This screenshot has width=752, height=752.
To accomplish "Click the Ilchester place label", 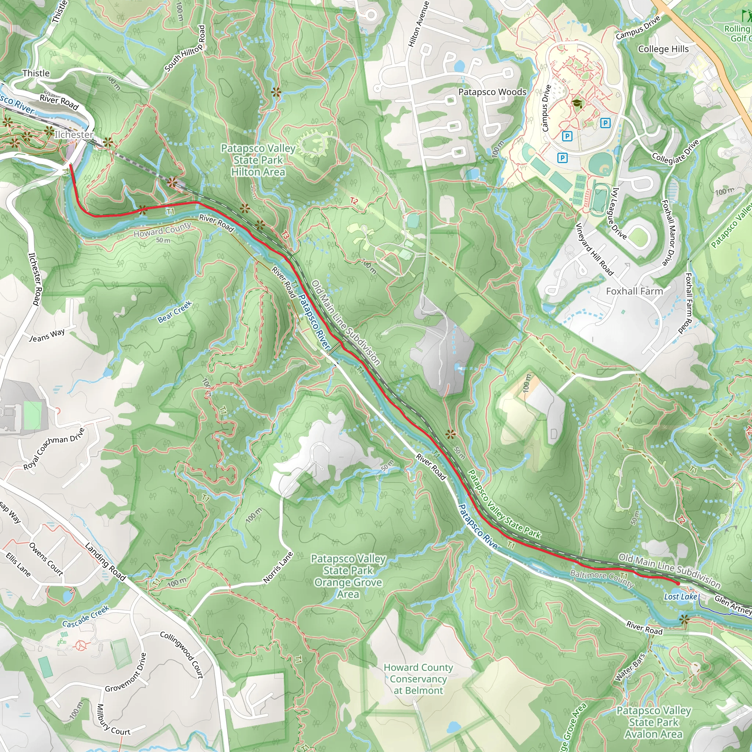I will (x=74, y=135).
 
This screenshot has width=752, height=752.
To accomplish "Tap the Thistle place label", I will (x=36, y=73).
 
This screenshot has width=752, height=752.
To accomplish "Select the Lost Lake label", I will (x=680, y=597).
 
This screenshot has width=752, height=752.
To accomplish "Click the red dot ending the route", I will (x=678, y=583).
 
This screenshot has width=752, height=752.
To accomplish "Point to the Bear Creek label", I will (x=175, y=312).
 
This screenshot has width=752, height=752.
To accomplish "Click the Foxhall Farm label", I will (x=634, y=291).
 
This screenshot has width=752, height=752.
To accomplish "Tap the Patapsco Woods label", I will (x=492, y=92).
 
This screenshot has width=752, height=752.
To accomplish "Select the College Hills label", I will (x=663, y=49).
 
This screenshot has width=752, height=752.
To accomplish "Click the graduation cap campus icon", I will (x=577, y=103).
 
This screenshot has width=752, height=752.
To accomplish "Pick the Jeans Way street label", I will (x=47, y=335).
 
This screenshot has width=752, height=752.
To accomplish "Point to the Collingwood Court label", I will (x=182, y=655).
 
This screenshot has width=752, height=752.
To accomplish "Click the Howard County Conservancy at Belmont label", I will (x=419, y=679).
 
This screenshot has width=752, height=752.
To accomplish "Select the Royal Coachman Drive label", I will (x=54, y=448).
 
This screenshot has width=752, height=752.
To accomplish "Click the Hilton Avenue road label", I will (x=419, y=24).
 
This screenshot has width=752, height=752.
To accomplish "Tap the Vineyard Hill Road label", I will (x=594, y=249).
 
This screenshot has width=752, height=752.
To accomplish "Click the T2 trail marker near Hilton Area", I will (x=354, y=201).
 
